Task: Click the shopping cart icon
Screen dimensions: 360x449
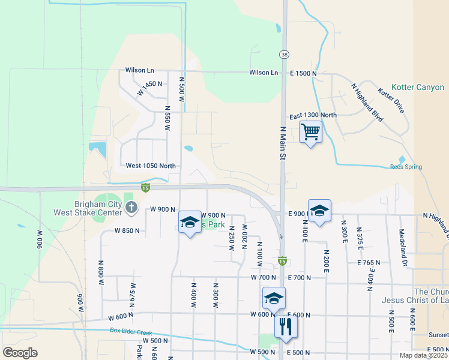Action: click(310, 131)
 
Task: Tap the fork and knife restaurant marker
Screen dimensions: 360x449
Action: click(286, 326)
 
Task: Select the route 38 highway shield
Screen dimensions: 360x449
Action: click(283, 54)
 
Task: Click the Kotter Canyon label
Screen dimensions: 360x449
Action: click(418, 88)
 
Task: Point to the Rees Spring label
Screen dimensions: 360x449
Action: click(406, 167)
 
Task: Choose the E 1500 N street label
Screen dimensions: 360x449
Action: click(303, 73)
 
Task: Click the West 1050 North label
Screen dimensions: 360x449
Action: click(151, 166)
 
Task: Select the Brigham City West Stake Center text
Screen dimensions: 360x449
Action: click(98, 208)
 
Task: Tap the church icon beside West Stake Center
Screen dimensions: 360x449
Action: click(133, 208)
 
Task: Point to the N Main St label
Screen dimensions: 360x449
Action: click(282, 142)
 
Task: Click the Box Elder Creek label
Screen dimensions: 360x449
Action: click(131, 332)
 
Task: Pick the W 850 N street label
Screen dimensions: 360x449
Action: click(127, 230)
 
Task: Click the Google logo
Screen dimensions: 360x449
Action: click(20, 352)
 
